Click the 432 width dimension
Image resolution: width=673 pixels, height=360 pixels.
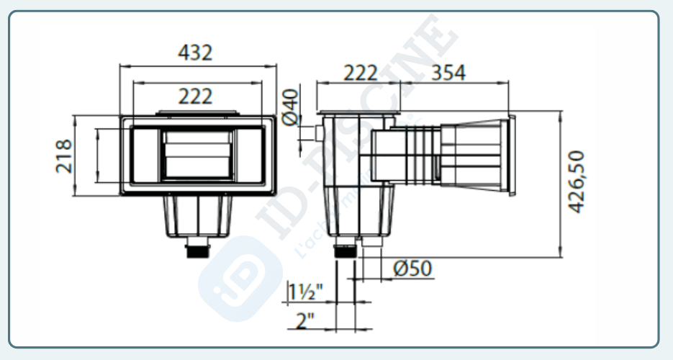click(x=195, y=53)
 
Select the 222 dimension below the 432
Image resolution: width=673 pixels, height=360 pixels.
click(x=195, y=96)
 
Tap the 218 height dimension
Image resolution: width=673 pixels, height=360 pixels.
click(x=65, y=156)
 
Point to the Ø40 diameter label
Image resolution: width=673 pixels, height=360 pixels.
click(x=290, y=107)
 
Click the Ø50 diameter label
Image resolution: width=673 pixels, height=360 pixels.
click(x=412, y=269)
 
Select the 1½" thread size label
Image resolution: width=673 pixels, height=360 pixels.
click(x=305, y=292)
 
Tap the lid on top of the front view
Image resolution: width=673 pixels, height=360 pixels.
click(x=195, y=113)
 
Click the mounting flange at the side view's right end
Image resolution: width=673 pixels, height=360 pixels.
click(x=512, y=156)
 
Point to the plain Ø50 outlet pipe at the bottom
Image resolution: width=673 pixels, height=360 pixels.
click(x=369, y=250)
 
